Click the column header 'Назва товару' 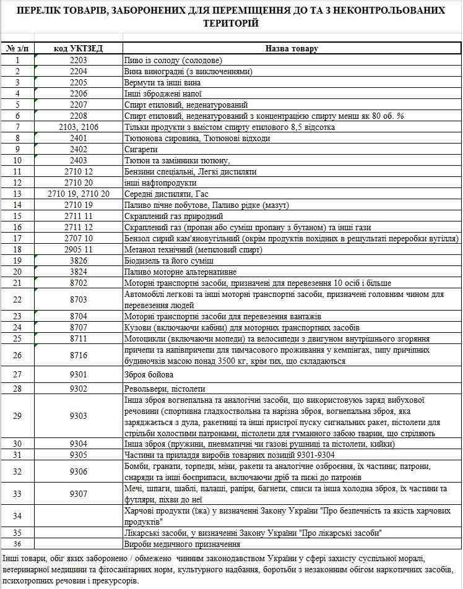[x=292, y=48]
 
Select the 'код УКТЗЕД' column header [x=79, y=48]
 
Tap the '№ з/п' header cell [x=18, y=48]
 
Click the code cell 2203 [x=79, y=60]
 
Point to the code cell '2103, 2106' [x=79, y=127]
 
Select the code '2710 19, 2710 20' [x=79, y=194]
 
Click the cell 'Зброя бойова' [x=149, y=374]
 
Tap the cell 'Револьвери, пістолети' [x=164, y=389]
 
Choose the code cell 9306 [x=79, y=471]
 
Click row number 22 [x=18, y=299]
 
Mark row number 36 [x=18, y=544]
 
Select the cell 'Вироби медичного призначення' [x=182, y=544]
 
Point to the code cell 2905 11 [x=79, y=249]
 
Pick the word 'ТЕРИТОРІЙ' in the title [x=231, y=23]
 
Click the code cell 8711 [x=79, y=338]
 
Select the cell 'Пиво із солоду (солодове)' [x=173, y=60]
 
